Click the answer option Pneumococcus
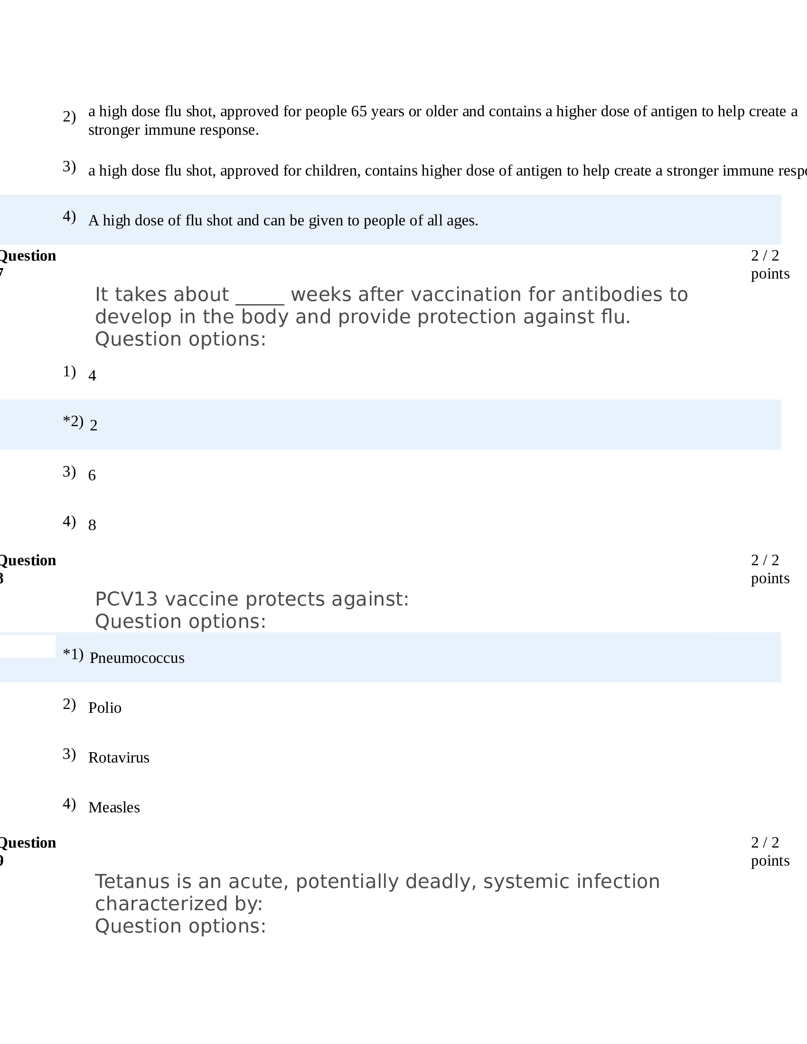click(137, 658)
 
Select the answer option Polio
click(105, 708)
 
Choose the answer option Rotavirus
click(119, 757)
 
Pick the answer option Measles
click(114, 807)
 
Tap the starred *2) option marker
click(73, 421)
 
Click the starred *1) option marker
click(73, 654)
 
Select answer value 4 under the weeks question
click(92, 376)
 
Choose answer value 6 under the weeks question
click(92, 475)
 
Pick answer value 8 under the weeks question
click(92, 525)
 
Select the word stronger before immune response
click(114, 130)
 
